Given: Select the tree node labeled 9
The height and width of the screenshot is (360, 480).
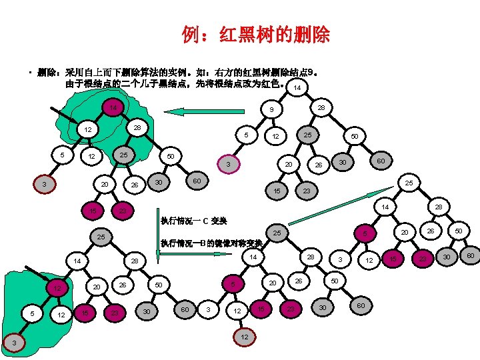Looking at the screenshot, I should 271,109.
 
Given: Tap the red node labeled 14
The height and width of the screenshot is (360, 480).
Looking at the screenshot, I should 113,107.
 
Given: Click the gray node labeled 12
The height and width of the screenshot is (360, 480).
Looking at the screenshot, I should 244,337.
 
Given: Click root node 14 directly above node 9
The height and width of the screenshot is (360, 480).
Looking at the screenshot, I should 297,87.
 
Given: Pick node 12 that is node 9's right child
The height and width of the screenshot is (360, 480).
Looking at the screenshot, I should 273,137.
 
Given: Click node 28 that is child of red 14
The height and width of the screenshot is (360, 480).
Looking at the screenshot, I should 136,127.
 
